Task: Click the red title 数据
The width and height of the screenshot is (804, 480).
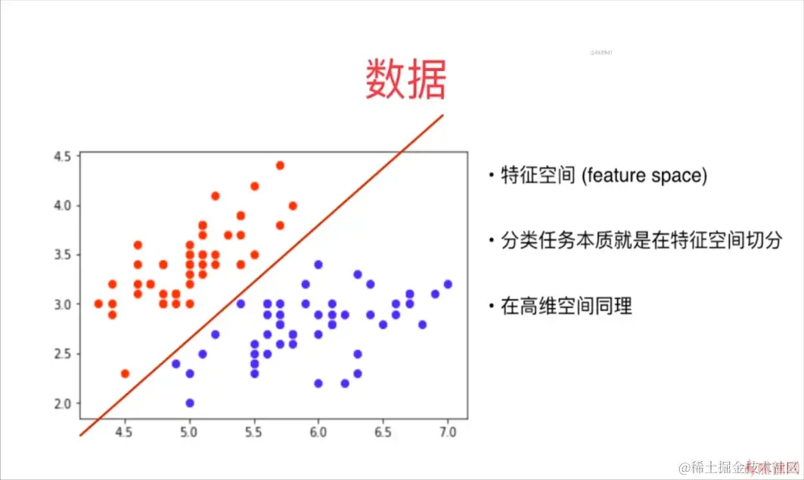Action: [406, 79]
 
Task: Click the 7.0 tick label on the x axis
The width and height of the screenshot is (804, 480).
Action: [447, 432]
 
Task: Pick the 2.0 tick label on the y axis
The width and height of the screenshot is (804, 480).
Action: [63, 403]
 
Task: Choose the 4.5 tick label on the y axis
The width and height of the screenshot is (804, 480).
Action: [63, 156]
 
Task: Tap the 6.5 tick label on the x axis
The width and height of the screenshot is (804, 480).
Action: [383, 432]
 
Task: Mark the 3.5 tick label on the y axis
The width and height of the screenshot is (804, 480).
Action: [63, 255]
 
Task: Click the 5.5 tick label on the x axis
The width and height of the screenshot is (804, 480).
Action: [254, 432]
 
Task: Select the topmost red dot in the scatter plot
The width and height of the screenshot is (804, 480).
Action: [280, 166]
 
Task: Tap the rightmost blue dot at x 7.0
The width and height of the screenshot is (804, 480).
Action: [448, 284]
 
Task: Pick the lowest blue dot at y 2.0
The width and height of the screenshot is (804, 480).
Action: [190, 403]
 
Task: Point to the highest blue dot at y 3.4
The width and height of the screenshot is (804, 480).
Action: [318, 265]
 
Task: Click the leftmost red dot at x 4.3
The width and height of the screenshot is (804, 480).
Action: [98, 304]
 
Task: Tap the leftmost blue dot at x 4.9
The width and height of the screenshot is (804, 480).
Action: [176, 364]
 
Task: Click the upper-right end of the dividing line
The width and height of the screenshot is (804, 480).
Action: [441, 116]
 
